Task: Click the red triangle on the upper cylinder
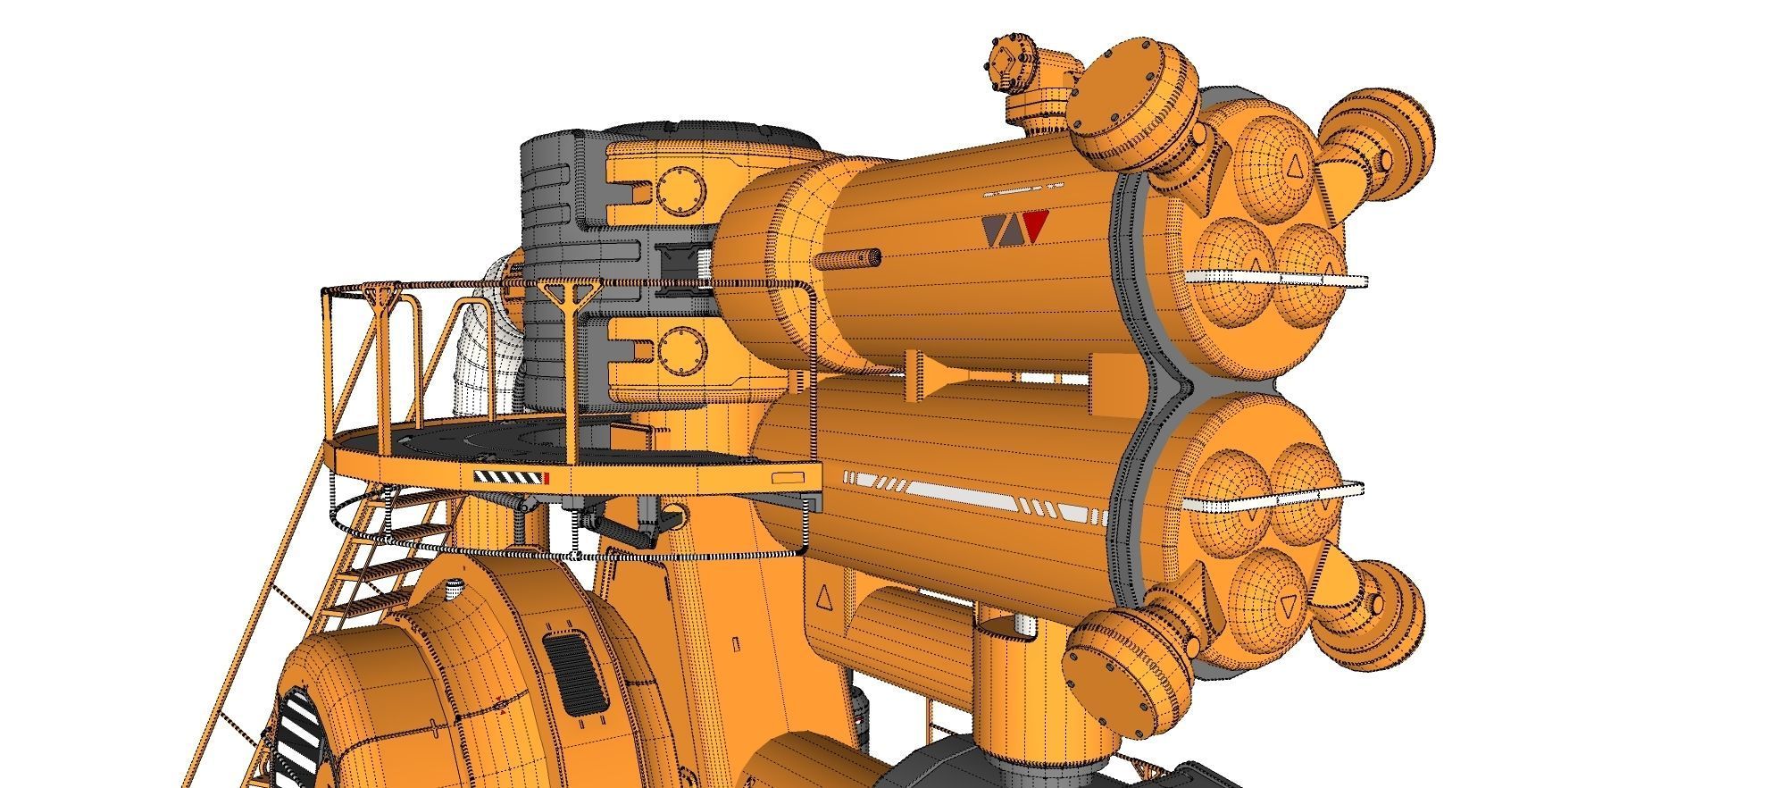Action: coord(1034,227)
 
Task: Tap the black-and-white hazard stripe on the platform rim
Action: coord(509,477)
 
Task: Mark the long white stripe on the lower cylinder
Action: coord(973,492)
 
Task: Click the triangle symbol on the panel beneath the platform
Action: coord(823,596)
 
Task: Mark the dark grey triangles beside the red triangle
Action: coord(1002,230)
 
